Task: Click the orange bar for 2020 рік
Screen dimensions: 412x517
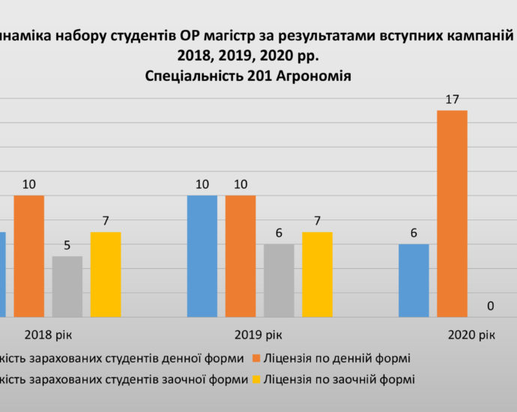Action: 452,213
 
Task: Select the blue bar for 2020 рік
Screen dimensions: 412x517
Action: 414,280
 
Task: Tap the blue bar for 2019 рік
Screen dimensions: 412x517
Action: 202,255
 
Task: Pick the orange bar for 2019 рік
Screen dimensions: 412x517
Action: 240,255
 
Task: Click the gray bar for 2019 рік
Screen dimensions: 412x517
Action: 279,280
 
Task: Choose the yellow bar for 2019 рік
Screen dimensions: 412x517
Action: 317,274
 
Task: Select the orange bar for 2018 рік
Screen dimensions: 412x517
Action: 28,255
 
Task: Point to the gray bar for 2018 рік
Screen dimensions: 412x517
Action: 67,286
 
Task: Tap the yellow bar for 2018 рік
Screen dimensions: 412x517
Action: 106,274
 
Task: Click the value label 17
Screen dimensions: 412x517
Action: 452,99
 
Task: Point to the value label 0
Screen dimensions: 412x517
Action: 491,306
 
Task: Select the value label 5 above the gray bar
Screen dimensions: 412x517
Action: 67,245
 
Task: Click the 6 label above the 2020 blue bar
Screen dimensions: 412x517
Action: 414,233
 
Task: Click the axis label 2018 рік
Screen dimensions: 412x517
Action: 48,336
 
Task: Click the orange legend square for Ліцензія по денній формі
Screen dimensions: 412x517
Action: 256,359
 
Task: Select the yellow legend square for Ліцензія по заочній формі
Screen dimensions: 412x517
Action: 256,379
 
